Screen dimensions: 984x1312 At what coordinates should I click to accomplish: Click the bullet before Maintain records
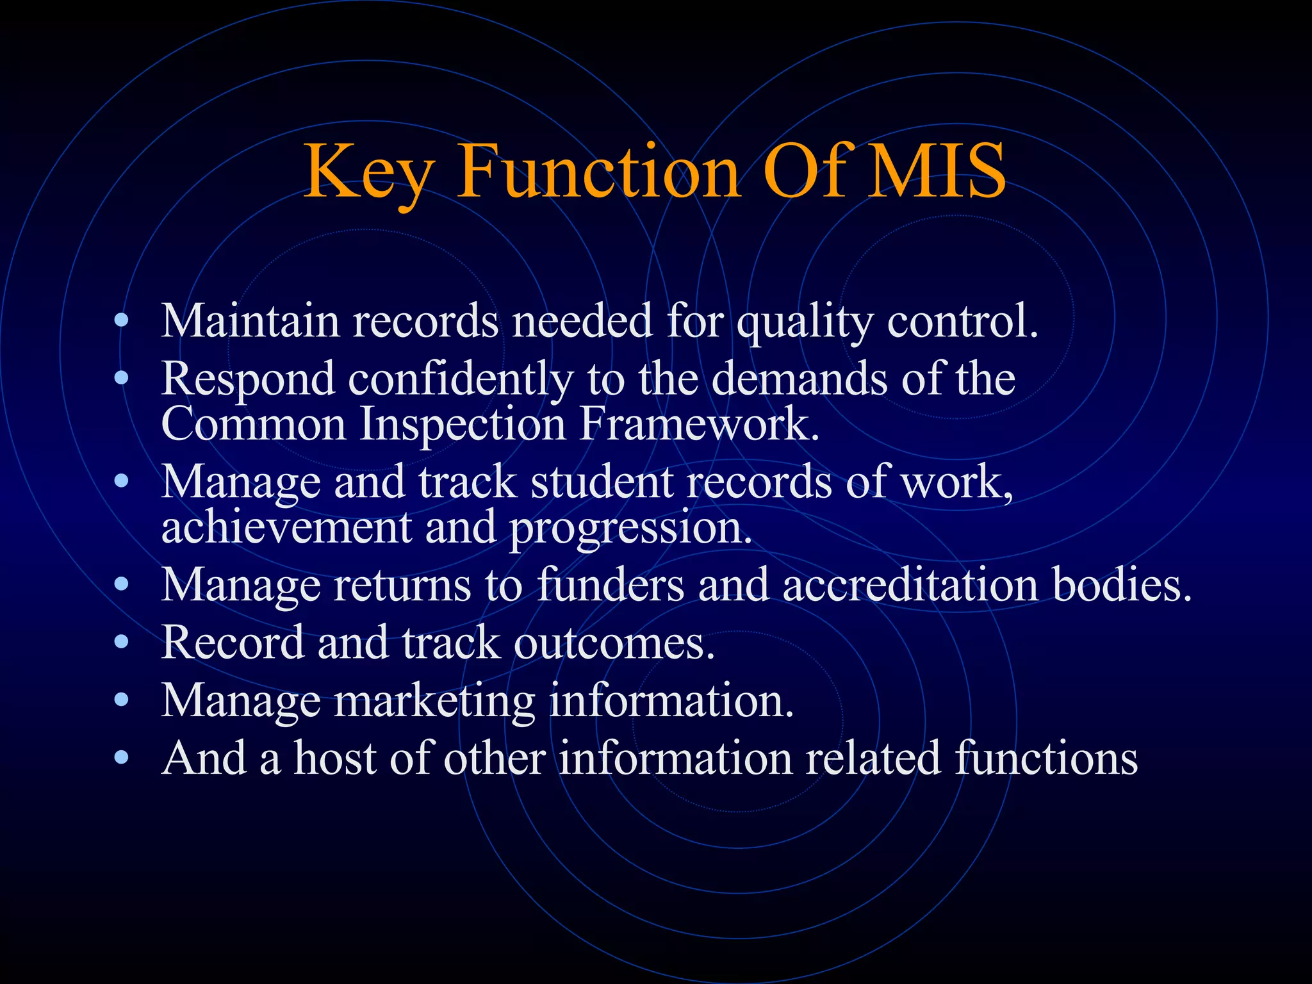tap(121, 321)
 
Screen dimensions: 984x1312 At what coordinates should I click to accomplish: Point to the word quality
tap(804, 322)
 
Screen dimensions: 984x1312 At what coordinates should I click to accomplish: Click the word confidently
tap(460, 380)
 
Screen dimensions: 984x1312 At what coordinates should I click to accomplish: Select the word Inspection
tap(463, 425)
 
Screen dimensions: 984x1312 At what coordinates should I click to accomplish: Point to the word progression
tap(630, 529)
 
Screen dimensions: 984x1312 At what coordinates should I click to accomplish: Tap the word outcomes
tap(614, 643)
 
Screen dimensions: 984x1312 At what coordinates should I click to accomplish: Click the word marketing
tap(434, 701)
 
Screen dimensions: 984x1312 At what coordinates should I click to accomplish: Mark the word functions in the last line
tap(1045, 758)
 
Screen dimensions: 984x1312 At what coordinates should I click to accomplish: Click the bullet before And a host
tap(121, 758)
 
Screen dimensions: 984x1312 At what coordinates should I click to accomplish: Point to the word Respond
tap(248, 380)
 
